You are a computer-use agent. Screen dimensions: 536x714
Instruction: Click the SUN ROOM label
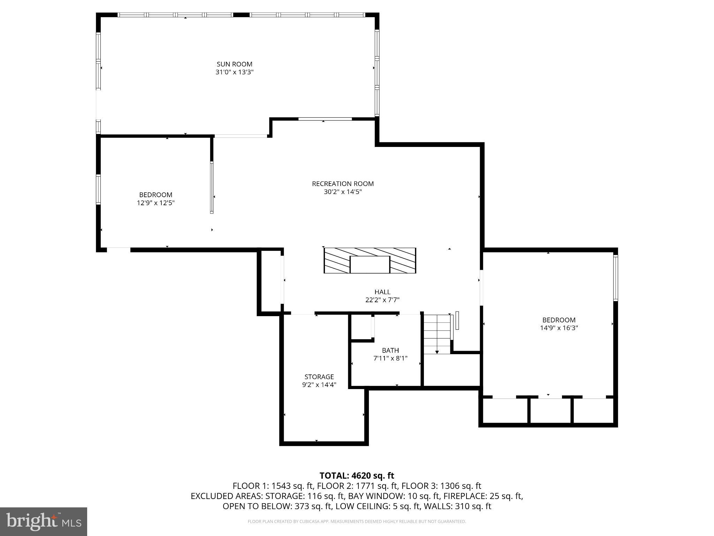tap(234, 64)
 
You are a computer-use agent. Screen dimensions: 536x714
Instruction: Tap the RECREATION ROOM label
tap(343, 184)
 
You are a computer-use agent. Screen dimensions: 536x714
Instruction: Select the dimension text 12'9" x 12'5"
tap(155, 203)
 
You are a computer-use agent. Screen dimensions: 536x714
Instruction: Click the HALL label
tap(382, 292)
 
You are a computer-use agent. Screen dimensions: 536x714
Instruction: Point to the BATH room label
tap(390, 350)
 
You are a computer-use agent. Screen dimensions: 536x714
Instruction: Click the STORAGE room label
tap(319, 377)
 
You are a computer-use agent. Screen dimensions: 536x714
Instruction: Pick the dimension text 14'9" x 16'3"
tap(559, 328)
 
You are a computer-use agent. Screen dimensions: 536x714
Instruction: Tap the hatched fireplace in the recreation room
tap(370, 260)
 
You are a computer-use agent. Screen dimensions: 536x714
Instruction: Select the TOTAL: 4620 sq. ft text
tap(357, 476)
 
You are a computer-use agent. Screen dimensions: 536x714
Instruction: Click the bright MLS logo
tap(44, 522)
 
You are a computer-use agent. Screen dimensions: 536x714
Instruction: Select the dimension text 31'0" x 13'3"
tap(234, 72)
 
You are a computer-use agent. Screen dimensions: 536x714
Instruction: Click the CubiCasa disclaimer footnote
tap(357, 522)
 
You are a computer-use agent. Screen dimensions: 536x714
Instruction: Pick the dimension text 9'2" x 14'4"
tap(319, 385)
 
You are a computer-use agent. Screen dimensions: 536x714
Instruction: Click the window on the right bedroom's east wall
tap(616, 278)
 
